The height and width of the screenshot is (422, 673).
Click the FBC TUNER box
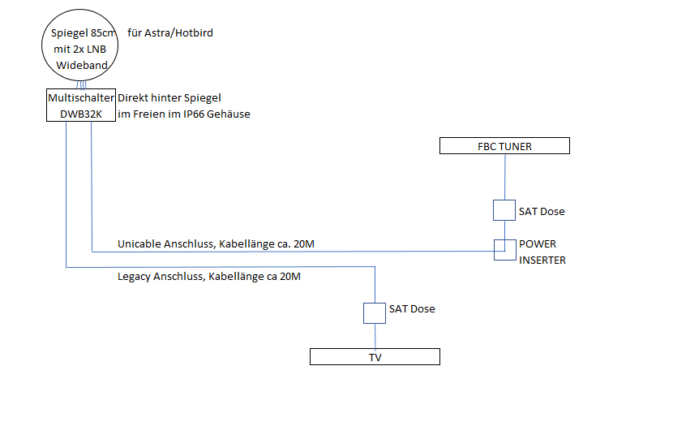click(x=504, y=146)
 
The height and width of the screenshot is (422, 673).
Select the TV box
click(x=375, y=356)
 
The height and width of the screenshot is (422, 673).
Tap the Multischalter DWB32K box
click(x=80, y=105)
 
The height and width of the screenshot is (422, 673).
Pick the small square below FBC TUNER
click(x=504, y=211)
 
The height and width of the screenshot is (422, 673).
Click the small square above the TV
click(x=375, y=312)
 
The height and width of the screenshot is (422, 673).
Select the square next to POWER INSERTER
click(x=504, y=250)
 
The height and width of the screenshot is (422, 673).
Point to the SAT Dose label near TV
click(x=412, y=309)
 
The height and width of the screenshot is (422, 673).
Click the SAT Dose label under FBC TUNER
click(x=542, y=212)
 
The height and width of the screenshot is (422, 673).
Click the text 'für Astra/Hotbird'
click(x=170, y=33)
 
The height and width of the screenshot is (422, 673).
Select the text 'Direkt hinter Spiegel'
click(x=169, y=97)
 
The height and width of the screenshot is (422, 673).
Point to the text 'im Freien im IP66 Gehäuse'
click(x=184, y=114)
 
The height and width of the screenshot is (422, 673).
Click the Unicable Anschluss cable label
click(x=214, y=243)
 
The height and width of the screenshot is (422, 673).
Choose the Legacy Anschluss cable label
click(x=209, y=278)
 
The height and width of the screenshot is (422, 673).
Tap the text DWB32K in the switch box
click(x=80, y=114)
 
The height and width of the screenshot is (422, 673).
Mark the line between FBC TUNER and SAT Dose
click(x=504, y=177)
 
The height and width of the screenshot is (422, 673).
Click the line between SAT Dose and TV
click(x=375, y=335)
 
